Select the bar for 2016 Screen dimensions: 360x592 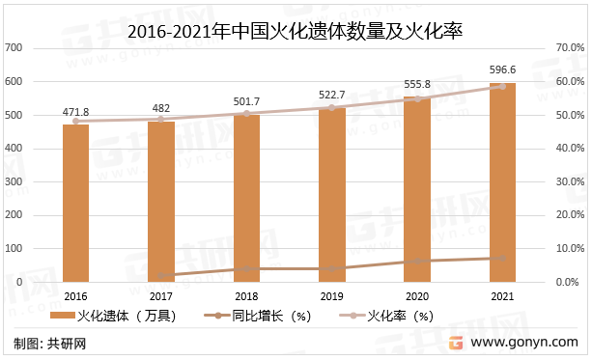pyautogui.click(x=75, y=203)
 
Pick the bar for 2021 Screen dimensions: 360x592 pyautogui.click(x=502, y=182)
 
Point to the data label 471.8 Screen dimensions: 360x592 pyautogui.click(x=75, y=111)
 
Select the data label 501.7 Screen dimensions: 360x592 pyautogui.click(x=246, y=100)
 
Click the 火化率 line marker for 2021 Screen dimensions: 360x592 pyautogui.click(x=502, y=86)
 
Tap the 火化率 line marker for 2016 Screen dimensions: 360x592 pyautogui.click(x=75, y=121)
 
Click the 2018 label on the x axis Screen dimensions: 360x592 pyautogui.click(x=246, y=295)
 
